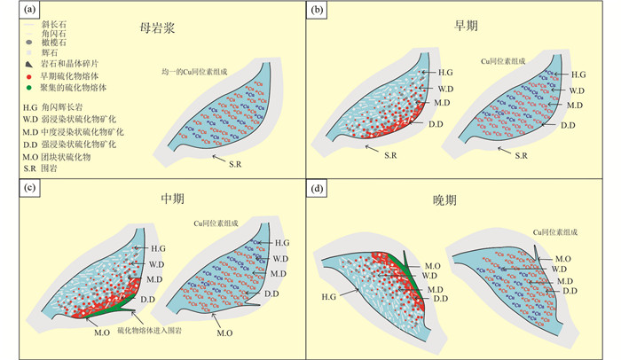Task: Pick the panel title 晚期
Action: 461,200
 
